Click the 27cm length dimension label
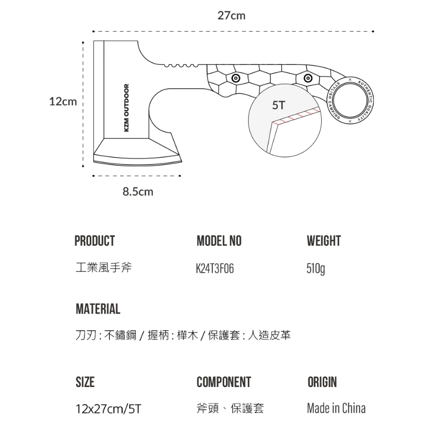pyautogui.click(x=231, y=16)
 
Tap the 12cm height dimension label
pyautogui.click(x=63, y=102)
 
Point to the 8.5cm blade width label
pyautogui.click(x=137, y=192)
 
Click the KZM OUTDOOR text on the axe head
pyautogui.click(x=127, y=108)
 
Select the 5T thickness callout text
pyautogui.click(x=279, y=106)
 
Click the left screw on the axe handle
pyautogui.click(x=235, y=78)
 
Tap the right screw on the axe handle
pyautogui.click(x=308, y=78)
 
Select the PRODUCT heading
pyautogui.click(x=94, y=241)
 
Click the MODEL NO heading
pyautogui.click(x=219, y=241)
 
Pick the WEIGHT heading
pyautogui.click(x=324, y=241)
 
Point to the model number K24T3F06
pyautogui.click(x=215, y=268)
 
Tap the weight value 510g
pyautogui.click(x=316, y=268)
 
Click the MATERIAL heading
pyautogui.click(x=98, y=309)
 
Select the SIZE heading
pyautogui.click(x=85, y=382)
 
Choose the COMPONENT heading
pyautogui.click(x=224, y=382)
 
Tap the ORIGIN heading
pyautogui.click(x=322, y=382)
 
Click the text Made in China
pyautogui.click(x=336, y=408)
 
